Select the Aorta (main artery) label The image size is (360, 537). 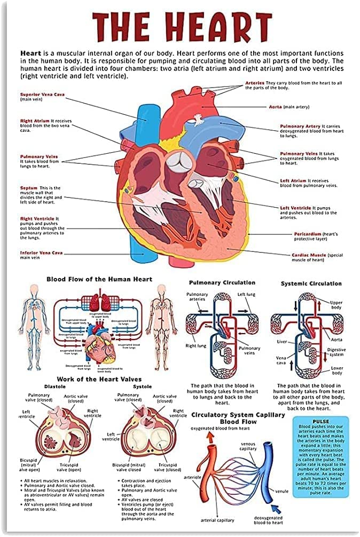[x=276, y=107]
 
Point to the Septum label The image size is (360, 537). [x=29, y=188]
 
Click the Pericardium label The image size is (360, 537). [x=308, y=234]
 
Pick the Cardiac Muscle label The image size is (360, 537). [x=309, y=255]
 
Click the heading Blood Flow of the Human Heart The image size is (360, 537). [x=99, y=279]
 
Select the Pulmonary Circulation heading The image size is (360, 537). [x=222, y=282]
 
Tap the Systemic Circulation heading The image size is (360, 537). [x=311, y=283]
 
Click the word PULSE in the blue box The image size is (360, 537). [x=320, y=421]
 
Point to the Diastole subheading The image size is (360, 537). [x=54, y=386]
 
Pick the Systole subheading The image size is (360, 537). [x=142, y=386]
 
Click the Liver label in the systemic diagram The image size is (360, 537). [x=282, y=341]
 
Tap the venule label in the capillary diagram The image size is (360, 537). [x=282, y=491]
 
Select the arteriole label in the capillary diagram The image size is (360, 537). [x=192, y=477]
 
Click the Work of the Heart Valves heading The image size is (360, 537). [x=99, y=378]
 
